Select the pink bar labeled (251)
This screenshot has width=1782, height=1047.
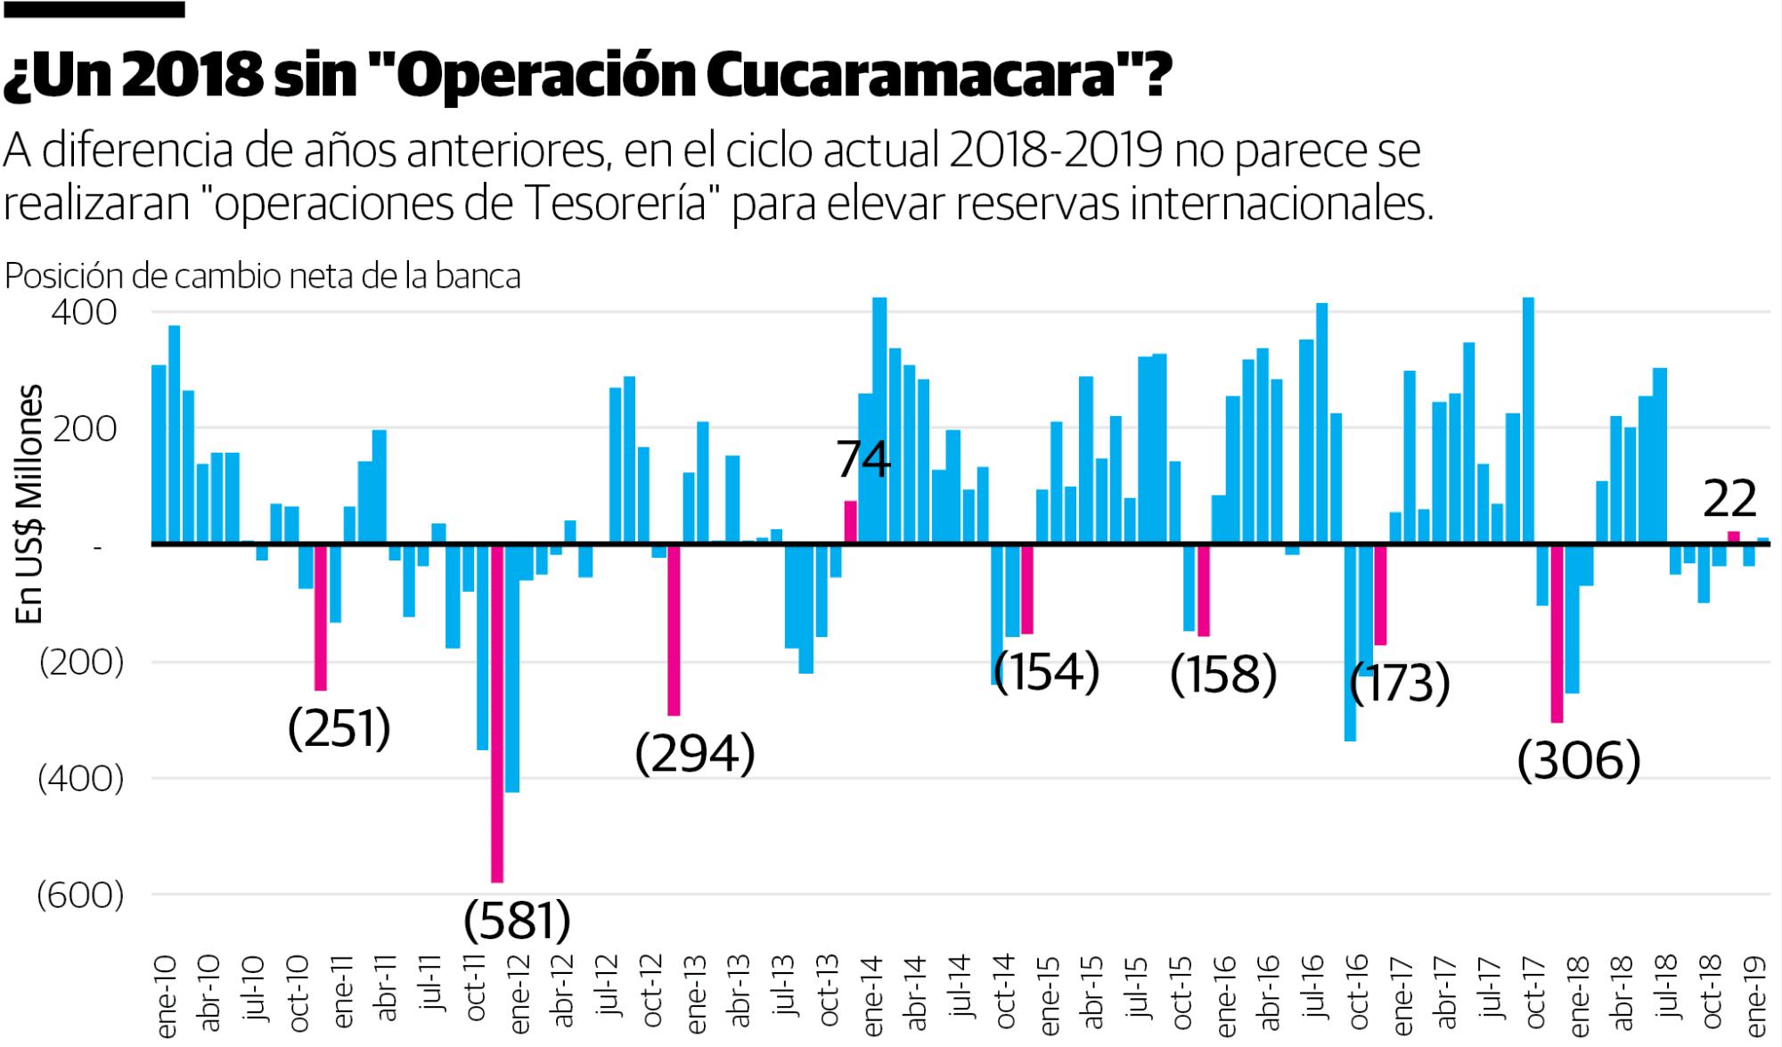click(x=321, y=617)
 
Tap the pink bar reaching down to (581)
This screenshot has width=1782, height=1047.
click(x=497, y=713)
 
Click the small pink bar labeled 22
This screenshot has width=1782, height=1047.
click(x=1734, y=537)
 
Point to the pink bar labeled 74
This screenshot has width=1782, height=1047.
click(x=851, y=522)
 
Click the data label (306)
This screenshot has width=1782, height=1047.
click(x=1578, y=760)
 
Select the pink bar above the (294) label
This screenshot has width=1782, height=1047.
click(x=674, y=629)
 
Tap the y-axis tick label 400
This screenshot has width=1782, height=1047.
click(x=84, y=313)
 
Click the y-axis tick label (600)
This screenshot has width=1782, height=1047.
click(x=80, y=895)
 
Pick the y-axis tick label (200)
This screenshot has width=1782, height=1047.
click(x=80, y=662)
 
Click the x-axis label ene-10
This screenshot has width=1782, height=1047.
click(x=167, y=996)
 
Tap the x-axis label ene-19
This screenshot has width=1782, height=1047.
click(x=1756, y=996)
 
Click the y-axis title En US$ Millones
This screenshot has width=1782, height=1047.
click(x=30, y=503)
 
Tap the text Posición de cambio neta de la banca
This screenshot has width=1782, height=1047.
click(x=263, y=276)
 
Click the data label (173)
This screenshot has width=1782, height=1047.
click(x=1400, y=683)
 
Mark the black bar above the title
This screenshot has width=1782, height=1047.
click(x=93, y=9)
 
